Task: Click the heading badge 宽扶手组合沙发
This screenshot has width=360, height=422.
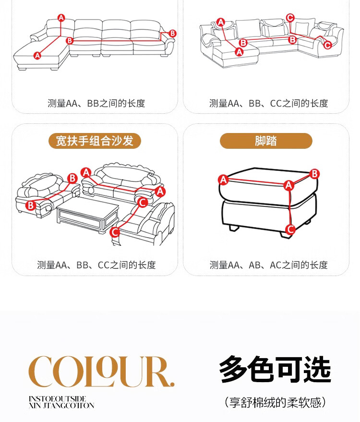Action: (x=95, y=141)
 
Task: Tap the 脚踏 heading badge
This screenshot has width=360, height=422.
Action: (x=266, y=141)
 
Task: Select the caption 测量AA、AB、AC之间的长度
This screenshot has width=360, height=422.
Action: (x=268, y=265)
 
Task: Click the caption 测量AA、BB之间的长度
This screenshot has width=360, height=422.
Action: (x=96, y=103)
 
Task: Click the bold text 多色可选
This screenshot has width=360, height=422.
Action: (x=275, y=369)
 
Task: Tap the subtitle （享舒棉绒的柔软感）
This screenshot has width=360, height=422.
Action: (x=275, y=401)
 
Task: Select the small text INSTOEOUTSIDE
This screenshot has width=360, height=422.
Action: (x=57, y=398)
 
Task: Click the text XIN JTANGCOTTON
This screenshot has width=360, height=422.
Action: (x=61, y=405)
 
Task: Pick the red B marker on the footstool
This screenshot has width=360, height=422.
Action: (x=314, y=174)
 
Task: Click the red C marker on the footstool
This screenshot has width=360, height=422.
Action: (x=290, y=229)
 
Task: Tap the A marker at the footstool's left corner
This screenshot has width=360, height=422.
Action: (x=223, y=180)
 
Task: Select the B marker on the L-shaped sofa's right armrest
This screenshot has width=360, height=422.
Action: (x=172, y=34)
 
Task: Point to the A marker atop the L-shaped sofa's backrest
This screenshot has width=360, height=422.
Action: (x=61, y=18)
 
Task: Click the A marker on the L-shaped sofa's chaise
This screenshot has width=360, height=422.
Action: (x=37, y=56)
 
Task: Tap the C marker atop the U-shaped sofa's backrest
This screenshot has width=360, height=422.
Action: (x=289, y=18)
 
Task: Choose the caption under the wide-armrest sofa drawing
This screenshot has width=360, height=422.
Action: (x=96, y=265)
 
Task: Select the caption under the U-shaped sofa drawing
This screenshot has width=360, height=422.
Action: (x=268, y=103)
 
